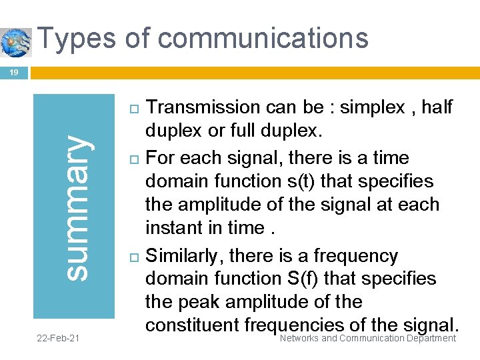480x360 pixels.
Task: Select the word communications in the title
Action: [263, 38]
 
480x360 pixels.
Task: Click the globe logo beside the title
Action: [16, 42]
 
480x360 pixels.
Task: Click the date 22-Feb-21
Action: [58, 339]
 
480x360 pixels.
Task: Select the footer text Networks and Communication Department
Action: [368, 339]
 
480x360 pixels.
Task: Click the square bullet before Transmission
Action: [131, 107]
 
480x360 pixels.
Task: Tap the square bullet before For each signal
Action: [131, 159]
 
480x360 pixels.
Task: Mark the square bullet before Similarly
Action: [131, 257]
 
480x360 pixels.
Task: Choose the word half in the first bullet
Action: [437, 107]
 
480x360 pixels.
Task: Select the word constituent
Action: [193, 325]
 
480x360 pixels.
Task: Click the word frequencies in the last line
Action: [296, 325]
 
